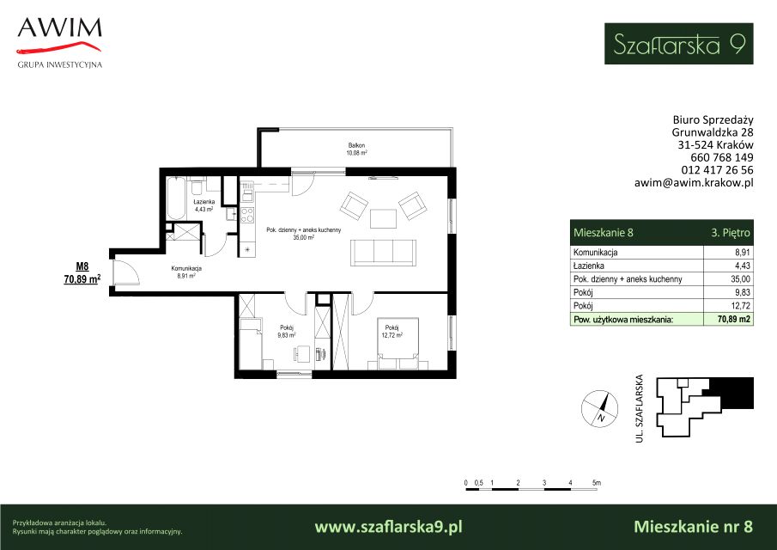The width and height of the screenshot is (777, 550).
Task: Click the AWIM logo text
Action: (59, 27)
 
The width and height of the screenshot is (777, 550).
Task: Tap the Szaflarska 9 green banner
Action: (678, 44)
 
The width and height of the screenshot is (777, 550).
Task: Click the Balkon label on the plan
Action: (356, 145)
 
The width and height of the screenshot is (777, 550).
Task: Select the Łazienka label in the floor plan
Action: (203, 202)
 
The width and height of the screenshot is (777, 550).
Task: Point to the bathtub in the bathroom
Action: (176, 199)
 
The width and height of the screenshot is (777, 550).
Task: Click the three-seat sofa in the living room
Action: (383, 253)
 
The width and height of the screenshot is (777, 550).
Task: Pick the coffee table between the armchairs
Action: (383, 218)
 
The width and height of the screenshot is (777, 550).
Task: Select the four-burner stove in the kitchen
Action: (246, 215)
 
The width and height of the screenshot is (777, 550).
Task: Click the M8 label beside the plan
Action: (82, 266)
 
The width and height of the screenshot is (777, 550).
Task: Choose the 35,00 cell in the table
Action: (740, 279)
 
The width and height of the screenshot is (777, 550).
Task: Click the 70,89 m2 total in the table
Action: (734, 320)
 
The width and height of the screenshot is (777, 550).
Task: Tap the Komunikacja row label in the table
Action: (596, 253)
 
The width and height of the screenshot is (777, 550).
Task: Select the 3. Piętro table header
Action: (731, 233)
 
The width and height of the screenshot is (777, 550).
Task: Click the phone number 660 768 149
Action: (722, 157)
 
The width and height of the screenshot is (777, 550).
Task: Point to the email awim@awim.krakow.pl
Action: (694, 182)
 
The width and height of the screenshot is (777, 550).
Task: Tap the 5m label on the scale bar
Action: (597, 483)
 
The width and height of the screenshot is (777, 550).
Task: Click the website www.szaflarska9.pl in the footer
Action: (388, 526)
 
